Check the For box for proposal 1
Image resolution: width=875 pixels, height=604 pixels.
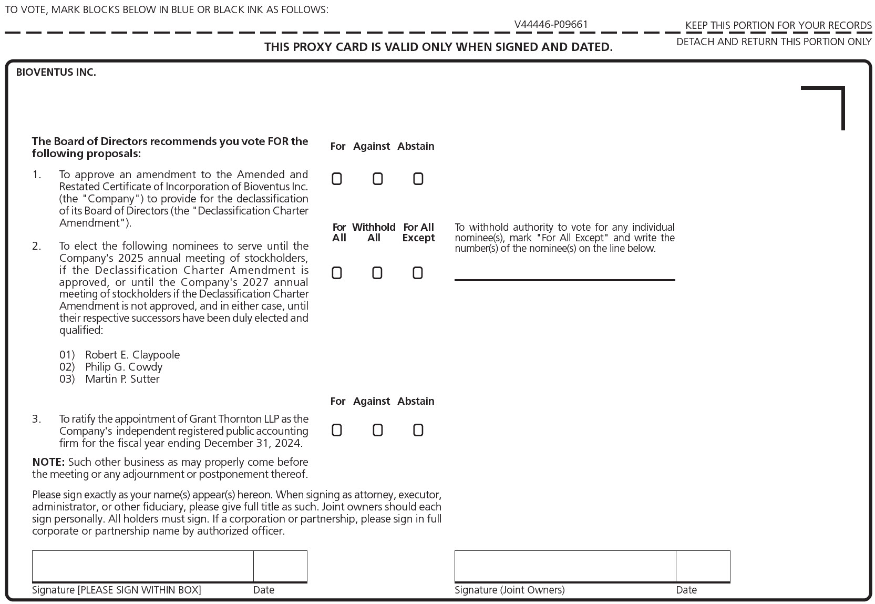coord(337,179)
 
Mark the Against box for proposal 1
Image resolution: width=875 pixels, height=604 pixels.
coord(377,179)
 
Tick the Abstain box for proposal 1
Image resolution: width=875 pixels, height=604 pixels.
coord(418,179)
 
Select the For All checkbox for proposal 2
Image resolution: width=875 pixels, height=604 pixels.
coord(337,273)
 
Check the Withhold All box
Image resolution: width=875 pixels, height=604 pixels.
coord(377,273)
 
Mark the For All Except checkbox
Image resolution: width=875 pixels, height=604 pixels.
coord(418,273)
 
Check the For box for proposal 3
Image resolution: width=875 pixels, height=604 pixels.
coord(337,430)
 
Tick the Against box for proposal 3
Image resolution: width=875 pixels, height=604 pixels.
coord(377,430)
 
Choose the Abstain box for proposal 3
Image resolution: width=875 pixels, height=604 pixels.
coord(418,430)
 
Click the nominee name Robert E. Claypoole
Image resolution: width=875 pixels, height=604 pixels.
coord(132,355)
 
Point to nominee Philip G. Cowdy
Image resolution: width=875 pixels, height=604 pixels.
coord(123,367)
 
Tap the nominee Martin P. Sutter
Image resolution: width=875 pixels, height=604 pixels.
coord(122,379)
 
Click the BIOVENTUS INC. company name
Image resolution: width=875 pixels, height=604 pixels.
coord(56,73)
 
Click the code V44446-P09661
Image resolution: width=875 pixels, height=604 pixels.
coord(551,24)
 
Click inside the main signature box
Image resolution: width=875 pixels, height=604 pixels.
coord(142,566)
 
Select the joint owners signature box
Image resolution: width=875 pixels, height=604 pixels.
coord(565,566)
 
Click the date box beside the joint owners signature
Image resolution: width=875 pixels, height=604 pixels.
coord(703,566)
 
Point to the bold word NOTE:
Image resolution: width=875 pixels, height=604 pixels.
coord(48,462)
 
